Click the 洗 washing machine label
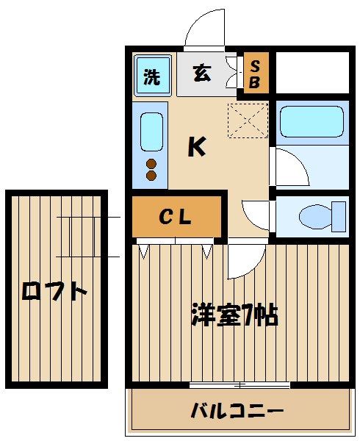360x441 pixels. [x=151, y=76]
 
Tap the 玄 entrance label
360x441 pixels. [x=202, y=73]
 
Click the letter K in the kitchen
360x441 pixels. [x=195, y=148]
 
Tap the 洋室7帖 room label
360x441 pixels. [x=233, y=315]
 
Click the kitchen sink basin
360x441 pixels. [x=151, y=132]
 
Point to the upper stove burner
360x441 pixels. [x=152, y=163]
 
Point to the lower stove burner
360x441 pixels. [x=152, y=175]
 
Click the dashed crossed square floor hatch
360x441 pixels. [x=248, y=121]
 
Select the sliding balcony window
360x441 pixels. [x=240, y=385]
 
